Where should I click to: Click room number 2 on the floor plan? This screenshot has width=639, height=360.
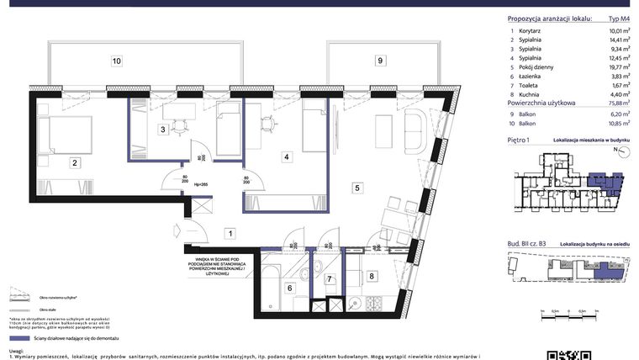[75, 163]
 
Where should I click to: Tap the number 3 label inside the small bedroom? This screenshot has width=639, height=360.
[163, 129]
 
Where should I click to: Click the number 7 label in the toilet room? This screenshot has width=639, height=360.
[330, 279]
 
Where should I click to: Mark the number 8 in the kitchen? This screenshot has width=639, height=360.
[372, 276]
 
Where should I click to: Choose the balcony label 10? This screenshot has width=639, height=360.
[117, 61]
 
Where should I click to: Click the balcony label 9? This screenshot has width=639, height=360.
[380, 61]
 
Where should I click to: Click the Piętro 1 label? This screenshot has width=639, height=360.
[520, 140]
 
